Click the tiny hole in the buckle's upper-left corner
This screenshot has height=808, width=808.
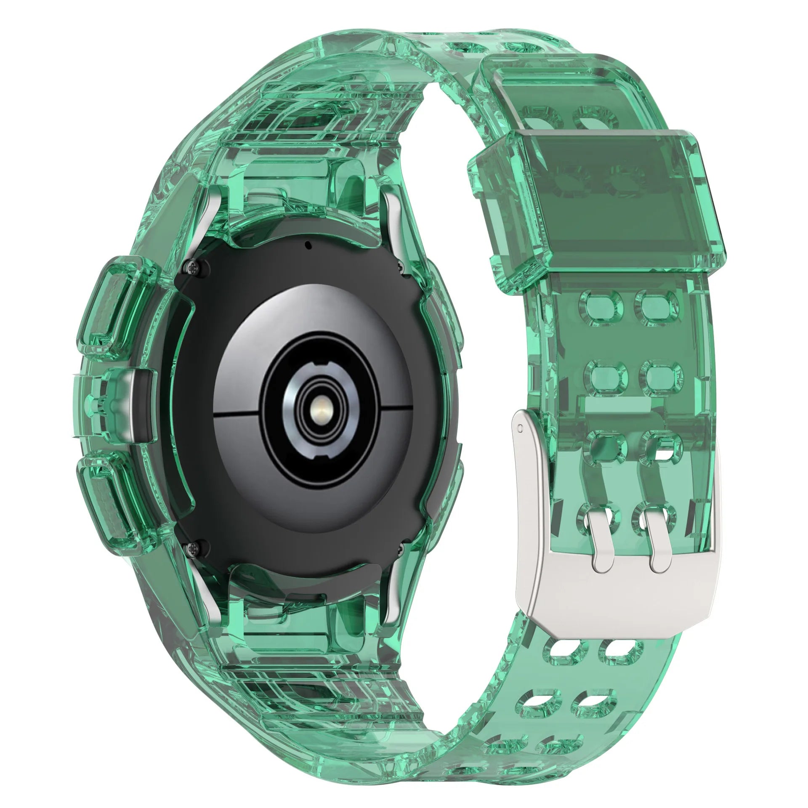coord(521,428)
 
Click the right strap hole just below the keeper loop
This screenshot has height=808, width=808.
coord(654,304)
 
